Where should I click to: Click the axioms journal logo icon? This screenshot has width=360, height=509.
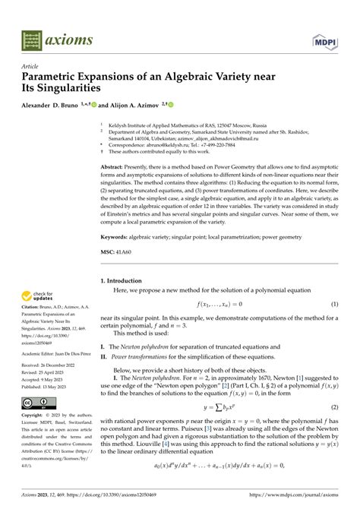[33, 38]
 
